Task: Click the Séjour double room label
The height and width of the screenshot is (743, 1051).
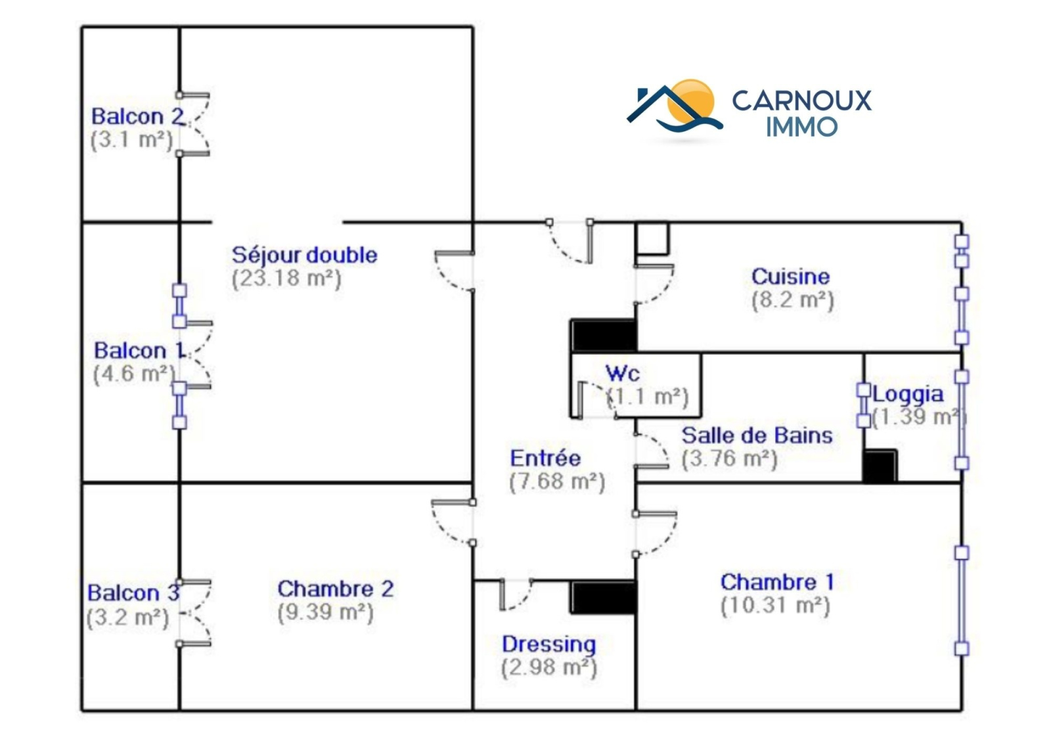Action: [304, 255]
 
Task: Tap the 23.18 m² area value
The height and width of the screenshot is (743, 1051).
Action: [286, 278]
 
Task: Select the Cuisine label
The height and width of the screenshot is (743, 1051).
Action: [790, 276]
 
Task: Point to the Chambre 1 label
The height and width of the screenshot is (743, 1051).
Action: [777, 582]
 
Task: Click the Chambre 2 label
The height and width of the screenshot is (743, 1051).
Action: [335, 589]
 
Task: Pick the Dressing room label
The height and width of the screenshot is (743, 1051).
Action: [548, 644]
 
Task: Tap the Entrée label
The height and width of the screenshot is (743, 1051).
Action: [545, 458]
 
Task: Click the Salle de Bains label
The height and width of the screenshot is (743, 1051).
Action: [757, 435]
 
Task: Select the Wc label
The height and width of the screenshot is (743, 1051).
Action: [622, 373]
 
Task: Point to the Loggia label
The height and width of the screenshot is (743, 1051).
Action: [908, 394]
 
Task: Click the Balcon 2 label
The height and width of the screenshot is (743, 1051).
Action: [137, 116]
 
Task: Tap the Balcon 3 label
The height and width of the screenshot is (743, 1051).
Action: [133, 593]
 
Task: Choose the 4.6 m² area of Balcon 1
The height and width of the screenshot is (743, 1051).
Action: [134, 374]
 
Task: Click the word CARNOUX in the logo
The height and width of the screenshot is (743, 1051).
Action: [801, 101]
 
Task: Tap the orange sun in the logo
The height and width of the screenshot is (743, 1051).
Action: [693, 100]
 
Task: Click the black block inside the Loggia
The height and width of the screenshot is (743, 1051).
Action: [880, 466]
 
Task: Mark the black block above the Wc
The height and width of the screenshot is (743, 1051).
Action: [603, 335]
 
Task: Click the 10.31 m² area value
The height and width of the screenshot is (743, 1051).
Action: [775, 605]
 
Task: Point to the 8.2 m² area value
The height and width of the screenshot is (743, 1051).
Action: [792, 300]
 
